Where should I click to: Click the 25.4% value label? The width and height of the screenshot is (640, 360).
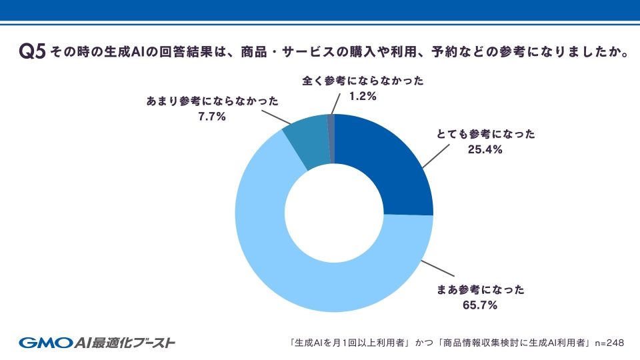[x=485, y=150]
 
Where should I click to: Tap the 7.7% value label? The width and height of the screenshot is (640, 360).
[x=212, y=117]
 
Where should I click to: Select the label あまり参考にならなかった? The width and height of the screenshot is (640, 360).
[x=212, y=101]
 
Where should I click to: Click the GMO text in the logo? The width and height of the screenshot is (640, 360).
[x=43, y=343]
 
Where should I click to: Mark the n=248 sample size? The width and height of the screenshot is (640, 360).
[x=609, y=343]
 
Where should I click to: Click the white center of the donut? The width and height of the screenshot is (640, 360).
[x=333, y=213]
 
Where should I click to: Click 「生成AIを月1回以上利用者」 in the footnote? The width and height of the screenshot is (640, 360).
[x=349, y=343]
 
